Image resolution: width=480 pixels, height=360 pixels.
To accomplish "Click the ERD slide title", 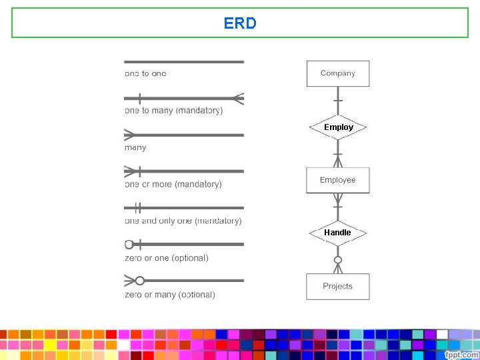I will [x=240, y=23].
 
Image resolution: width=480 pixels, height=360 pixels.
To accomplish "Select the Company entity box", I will [x=337, y=73].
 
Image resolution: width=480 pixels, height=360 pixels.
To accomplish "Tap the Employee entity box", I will [x=337, y=180].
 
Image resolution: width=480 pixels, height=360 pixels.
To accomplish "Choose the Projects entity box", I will [x=337, y=286].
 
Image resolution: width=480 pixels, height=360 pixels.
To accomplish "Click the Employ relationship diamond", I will [x=338, y=127].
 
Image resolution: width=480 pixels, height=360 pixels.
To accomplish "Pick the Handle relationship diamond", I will [x=337, y=233].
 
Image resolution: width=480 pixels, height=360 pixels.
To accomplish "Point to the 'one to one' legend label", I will [x=145, y=73].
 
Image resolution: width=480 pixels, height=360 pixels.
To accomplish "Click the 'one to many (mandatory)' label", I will [x=174, y=110].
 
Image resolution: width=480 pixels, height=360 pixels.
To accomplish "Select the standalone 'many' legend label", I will [x=135, y=147].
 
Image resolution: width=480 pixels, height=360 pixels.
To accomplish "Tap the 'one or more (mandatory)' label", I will [x=173, y=184].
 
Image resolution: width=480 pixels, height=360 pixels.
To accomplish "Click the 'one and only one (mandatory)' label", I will [x=183, y=221].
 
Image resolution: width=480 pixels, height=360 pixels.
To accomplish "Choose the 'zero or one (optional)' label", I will [x=167, y=258].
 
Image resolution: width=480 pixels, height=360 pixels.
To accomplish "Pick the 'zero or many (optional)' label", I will [x=170, y=295].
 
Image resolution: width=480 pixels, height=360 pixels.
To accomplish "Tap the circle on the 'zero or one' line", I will [x=129, y=244].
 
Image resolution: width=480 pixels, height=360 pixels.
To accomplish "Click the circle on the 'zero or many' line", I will [x=140, y=281].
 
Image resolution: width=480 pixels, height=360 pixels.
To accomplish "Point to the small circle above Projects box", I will [x=338, y=259].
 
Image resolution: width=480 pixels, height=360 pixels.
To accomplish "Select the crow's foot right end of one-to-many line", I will [x=238, y=99].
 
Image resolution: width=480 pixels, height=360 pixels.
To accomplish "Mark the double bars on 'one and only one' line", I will [x=138, y=207].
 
